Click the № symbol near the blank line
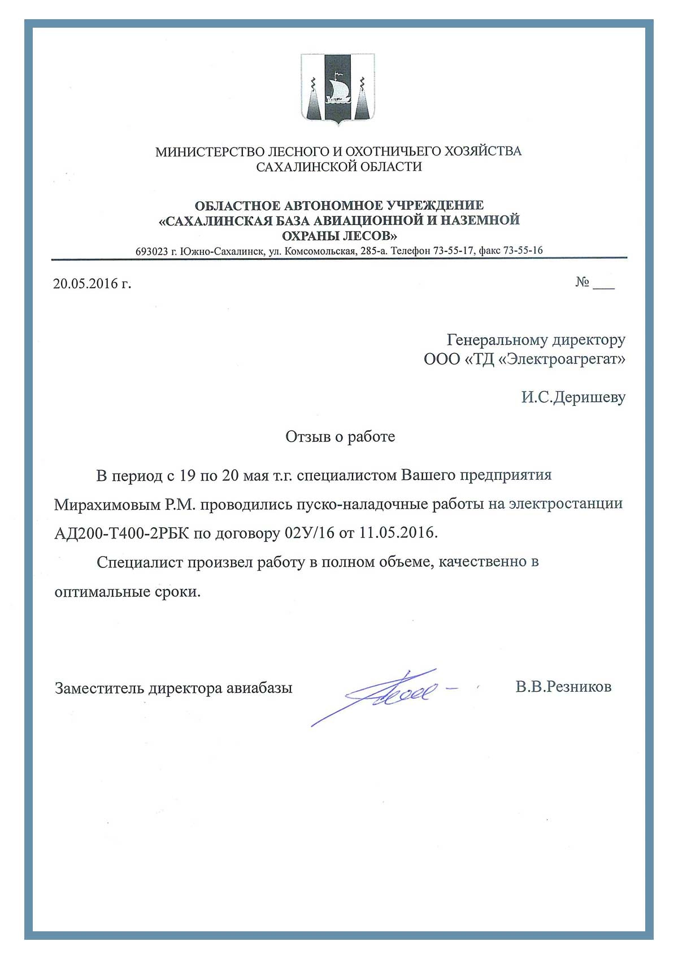(x=583, y=282)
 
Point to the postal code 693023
(x=151, y=251)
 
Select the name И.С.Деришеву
(x=573, y=397)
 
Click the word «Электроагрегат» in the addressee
(x=562, y=359)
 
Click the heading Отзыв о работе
(x=340, y=437)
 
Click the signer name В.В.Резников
(x=563, y=687)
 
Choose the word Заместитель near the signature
(x=99, y=688)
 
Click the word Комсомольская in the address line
(x=320, y=251)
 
